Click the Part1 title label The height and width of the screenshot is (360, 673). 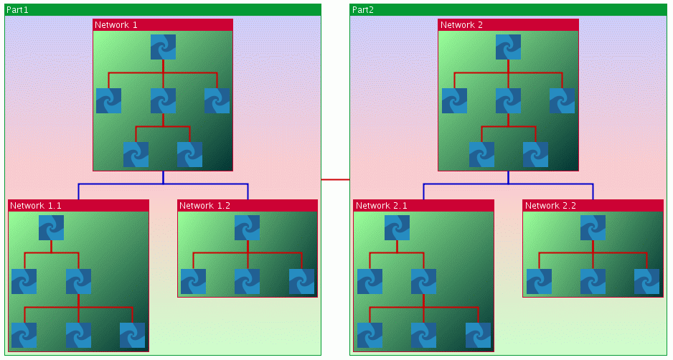coord(18,9)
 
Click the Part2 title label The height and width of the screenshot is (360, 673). coord(362,9)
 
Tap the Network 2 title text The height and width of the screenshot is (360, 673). coord(461,24)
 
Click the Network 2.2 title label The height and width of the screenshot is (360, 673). coord(550,205)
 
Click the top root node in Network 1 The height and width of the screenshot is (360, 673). coord(163,47)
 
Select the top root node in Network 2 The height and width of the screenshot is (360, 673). coord(508,47)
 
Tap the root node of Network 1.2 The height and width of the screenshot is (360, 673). coord(247,227)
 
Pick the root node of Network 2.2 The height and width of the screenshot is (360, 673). coord(593,227)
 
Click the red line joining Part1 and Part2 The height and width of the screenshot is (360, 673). coord(335,179)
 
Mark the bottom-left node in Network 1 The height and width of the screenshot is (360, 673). coord(136,154)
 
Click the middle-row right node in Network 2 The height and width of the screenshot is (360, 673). coord(562,101)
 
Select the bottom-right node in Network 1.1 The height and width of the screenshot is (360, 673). coord(132,335)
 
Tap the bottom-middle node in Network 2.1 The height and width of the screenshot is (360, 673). coord(423,335)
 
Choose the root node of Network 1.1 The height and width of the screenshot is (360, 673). coord(51,227)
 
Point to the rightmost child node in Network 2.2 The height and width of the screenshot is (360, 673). coord(646,282)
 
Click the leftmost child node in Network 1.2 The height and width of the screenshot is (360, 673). coord(193,282)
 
